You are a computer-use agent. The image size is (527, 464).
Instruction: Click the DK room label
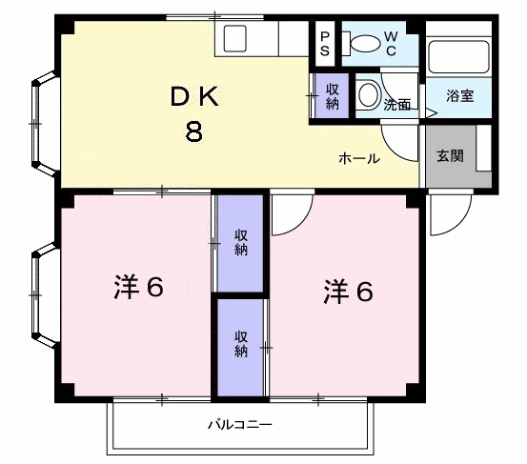[x=194, y=96]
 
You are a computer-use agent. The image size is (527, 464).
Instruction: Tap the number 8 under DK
[x=194, y=131]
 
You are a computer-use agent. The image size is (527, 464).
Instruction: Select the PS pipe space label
[x=325, y=44]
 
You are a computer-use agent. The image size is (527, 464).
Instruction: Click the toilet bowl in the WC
[x=362, y=44]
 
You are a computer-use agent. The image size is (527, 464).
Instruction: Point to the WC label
[x=391, y=44]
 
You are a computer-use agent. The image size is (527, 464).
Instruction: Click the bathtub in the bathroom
[x=458, y=57]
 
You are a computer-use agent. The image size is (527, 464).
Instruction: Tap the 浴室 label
[x=460, y=96]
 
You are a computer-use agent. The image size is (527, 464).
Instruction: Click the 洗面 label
[x=397, y=105]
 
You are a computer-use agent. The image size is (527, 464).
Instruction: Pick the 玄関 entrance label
[x=451, y=156]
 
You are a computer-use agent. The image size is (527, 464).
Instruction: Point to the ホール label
[x=359, y=158]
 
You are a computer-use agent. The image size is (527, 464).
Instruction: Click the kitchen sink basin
[x=235, y=39]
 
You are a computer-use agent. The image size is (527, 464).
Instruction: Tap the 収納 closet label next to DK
[x=332, y=96]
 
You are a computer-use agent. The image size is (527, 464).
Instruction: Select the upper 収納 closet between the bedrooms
[x=241, y=243]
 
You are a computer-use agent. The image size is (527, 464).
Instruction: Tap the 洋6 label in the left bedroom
[x=139, y=287]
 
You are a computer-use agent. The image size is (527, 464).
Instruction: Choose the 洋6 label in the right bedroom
[x=348, y=292]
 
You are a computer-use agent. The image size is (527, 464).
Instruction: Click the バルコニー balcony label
[x=239, y=425]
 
